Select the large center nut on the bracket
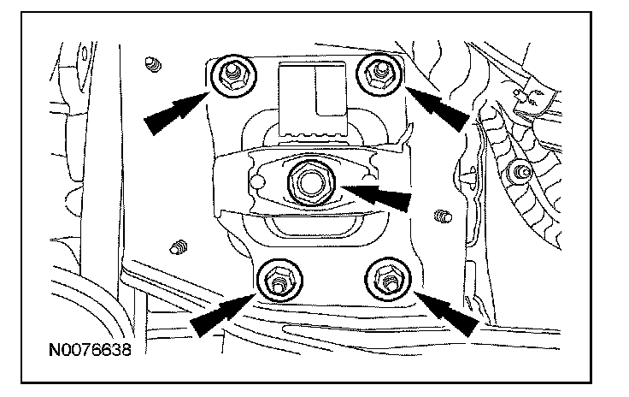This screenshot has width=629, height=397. point(306,181)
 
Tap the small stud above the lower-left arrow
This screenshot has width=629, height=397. point(179,248)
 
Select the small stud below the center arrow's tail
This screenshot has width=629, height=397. point(440,216)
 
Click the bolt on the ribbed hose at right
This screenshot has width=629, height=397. point(515,174)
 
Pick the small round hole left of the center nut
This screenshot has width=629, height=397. point(254,182)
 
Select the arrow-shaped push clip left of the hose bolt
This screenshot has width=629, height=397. point(473,176)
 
